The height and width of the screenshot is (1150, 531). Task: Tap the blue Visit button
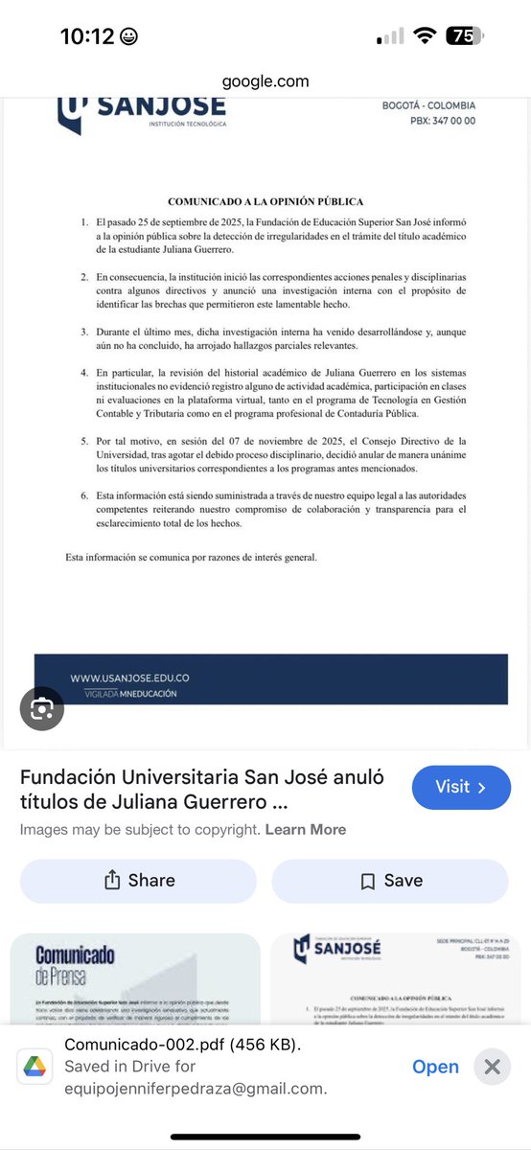(x=461, y=788)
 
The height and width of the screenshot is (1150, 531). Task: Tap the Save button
(x=390, y=881)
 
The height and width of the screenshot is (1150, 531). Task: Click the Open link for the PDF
(x=435, y=1067)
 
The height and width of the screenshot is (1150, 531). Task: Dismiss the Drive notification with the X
(x=492, y=1067)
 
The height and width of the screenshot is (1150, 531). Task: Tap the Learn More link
(x=305, y=829)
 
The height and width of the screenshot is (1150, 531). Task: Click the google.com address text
(x=265, y=81)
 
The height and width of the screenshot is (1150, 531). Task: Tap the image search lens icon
(x=42, y=709)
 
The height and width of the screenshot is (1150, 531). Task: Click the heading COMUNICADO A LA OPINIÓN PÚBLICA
(x=265, y=202)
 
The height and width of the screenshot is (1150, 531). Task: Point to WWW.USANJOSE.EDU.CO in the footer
(x=129, y=678)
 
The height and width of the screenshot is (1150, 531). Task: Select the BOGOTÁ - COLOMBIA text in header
(x=429, y=106)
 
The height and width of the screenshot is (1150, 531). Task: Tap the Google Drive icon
(x=33, y=1066)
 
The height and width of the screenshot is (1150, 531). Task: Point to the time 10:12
(x=88, y=36)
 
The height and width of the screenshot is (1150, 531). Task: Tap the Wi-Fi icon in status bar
(x=423, y=36)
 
